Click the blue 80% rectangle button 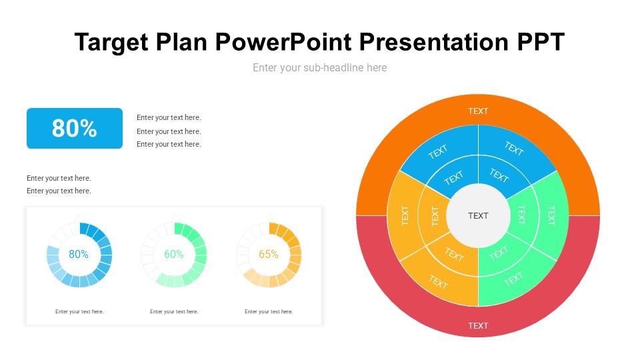click(75, 128)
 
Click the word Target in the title click(111, 43)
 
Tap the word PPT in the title click(541, 41)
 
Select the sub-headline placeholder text click(319, 68)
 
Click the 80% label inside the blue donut click(79, 254)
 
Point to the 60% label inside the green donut click(174, 254)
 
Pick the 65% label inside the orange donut click(269, 254)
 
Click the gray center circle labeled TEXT click(478, 215)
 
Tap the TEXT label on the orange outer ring click(478, 111)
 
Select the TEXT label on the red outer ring click(478, 326)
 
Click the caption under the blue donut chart click(79, 311)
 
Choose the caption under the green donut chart click(174, 311)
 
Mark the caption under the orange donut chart click(269, 311)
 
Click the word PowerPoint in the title click(283, 41)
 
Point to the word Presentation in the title click(434, 41)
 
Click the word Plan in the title click(181, 41)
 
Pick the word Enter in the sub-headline click(264, 68)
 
